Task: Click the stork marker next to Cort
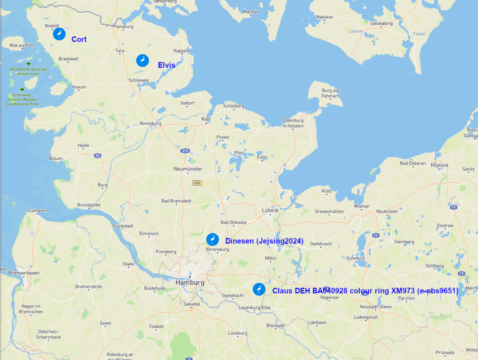point(59,34)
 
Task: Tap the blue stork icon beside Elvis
point(142,60)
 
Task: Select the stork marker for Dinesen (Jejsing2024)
point(212,240)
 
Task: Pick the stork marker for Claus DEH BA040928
point(259,289)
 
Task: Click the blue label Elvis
point(166,65)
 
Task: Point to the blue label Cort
point(79,39)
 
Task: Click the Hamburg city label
point(190,282)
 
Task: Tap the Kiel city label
point(206,119)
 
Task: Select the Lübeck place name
point(270,210)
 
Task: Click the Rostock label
point(440,165)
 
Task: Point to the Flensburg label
point(123,27)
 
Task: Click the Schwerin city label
point(355,258)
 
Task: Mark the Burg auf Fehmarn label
point(330,93)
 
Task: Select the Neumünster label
point(188,169)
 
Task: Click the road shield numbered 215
point(185,150)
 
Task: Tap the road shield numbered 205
point(197,183)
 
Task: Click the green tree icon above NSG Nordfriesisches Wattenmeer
point(28,64)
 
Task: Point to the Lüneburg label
point(238,333)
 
